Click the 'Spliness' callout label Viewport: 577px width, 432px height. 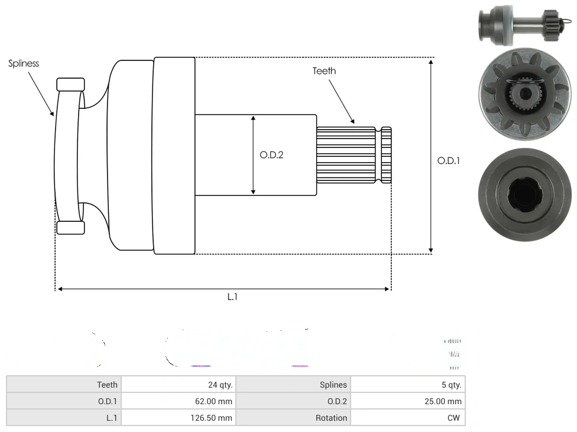coord(24,63)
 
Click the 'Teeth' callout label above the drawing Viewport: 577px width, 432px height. coord(324,71)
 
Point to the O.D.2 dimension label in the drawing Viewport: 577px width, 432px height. coord(271,155)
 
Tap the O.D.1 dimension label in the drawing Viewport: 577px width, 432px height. coord(448,160)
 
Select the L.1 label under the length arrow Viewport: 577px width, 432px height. coord(232,297)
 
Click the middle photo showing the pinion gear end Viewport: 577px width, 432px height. coord(524,95)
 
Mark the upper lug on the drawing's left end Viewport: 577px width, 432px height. coord(71,83)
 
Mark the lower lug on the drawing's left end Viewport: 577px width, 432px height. coord(71,228)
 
